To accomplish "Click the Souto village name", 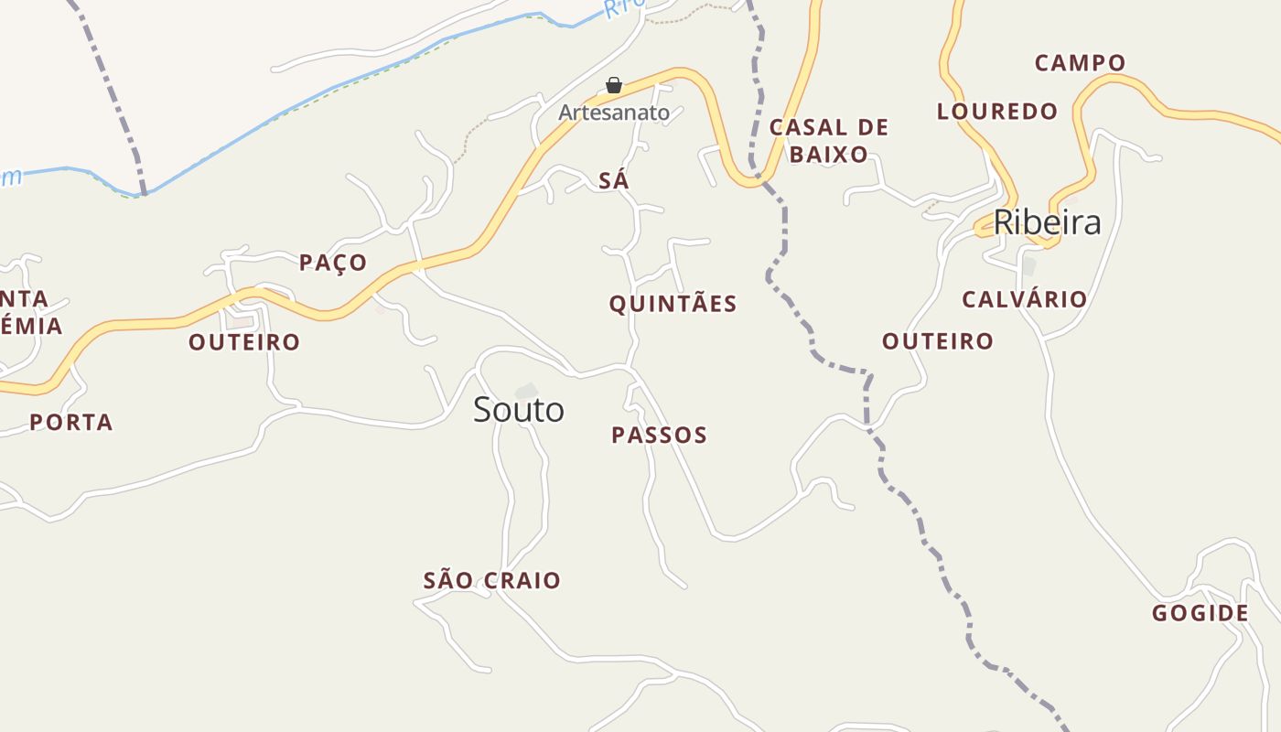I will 519,410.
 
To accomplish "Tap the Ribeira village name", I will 1047,222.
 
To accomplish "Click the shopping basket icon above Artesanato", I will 614,86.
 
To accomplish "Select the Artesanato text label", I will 614,113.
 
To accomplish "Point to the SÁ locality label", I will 614,181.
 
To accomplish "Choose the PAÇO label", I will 333,263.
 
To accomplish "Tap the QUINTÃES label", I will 673,304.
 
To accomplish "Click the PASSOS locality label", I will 659,436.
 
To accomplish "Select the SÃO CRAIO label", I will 492,580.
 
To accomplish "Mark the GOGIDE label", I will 1200,613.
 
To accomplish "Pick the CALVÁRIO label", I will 1024,299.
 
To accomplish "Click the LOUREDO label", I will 997,112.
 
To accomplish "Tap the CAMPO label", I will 1080,63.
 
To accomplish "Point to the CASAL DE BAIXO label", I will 828,140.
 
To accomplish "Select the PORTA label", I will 71,423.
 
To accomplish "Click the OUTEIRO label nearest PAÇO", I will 244,342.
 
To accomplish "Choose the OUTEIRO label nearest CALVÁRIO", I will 938,341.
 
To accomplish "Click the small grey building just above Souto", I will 526,392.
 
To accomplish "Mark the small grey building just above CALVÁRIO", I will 1028,266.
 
